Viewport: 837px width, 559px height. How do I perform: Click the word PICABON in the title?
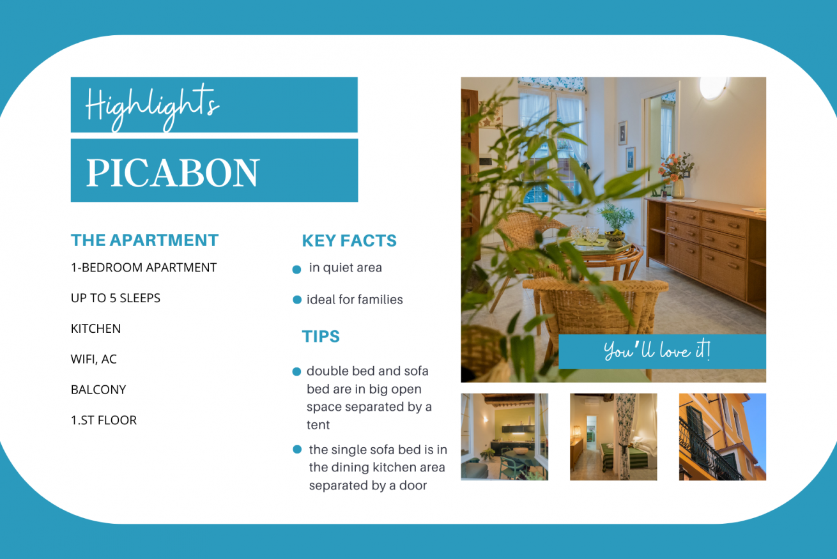tap(173, 172)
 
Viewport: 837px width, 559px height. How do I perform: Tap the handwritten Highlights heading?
tap(153, 107)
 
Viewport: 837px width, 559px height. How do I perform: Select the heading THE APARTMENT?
tap(144, 240)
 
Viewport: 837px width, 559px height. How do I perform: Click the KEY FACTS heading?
tap(349, 241)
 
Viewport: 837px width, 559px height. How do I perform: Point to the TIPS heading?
tap(321, 336)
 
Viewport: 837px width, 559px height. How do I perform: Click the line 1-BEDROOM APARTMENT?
tap(144, 268)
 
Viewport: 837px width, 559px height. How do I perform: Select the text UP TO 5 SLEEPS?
tap(116, 298)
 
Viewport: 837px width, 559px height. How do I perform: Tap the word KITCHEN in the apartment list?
tap(96, 329)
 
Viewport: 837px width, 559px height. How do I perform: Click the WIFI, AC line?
tap(94, 360)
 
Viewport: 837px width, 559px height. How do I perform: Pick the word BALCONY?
tap(98, 390)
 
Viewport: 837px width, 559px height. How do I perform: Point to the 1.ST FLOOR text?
tap(104, 420)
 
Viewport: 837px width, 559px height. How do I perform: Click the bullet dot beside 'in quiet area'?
tap(296, 270)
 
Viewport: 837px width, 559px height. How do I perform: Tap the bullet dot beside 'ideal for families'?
tap(297, 300)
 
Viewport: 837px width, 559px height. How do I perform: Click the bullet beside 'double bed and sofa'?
tap(296, 371)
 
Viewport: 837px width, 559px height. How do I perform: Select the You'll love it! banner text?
tap(657, 351)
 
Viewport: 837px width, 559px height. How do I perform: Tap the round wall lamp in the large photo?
tap(713, 87)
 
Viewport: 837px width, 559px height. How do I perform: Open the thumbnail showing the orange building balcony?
tap(722, 437)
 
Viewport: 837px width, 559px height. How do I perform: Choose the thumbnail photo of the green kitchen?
tap(505, 437)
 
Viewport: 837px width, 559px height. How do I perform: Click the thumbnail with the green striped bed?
tap(613, 437)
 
